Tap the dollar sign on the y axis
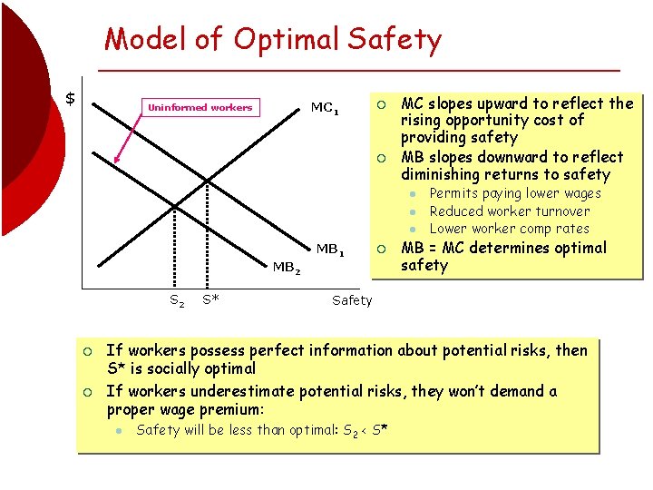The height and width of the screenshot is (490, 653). [x=69, y=98]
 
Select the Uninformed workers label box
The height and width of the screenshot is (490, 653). [x=200, y=107]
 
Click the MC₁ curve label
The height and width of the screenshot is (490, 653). [x=325, y=108]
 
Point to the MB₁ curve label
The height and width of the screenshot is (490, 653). [x=328, y=249]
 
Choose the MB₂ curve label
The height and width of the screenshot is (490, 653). [x=287, y=267]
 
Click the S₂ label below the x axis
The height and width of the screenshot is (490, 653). [x=177, y=299]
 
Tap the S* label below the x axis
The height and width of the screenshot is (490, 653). [x=210, y=299]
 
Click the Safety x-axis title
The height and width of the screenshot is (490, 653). [x=352, y=300]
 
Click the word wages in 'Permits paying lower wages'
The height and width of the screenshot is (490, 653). [x=581, y=193]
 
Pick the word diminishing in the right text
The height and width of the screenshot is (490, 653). [x=442, y=174]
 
